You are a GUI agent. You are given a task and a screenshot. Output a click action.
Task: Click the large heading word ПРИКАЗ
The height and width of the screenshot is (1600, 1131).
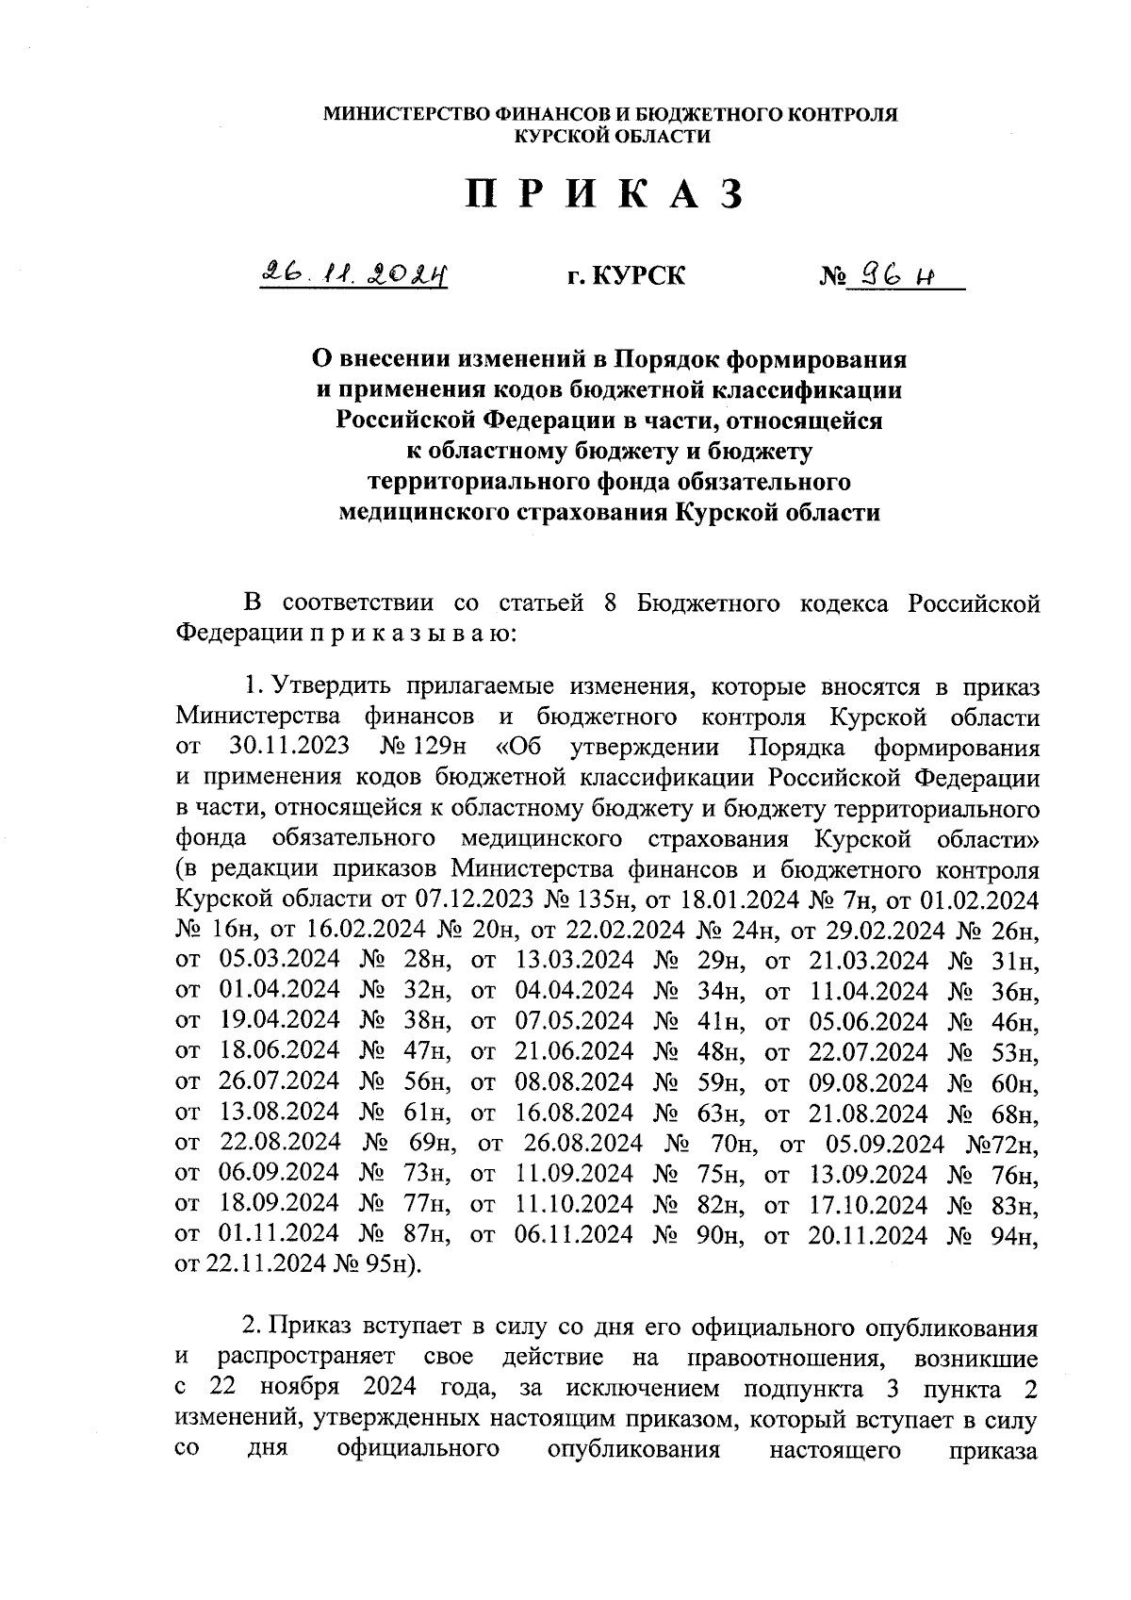click(x=604, y=194)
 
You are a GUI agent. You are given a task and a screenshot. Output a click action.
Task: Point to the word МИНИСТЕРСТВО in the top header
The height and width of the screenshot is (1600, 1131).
click(x=404, y=115)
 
